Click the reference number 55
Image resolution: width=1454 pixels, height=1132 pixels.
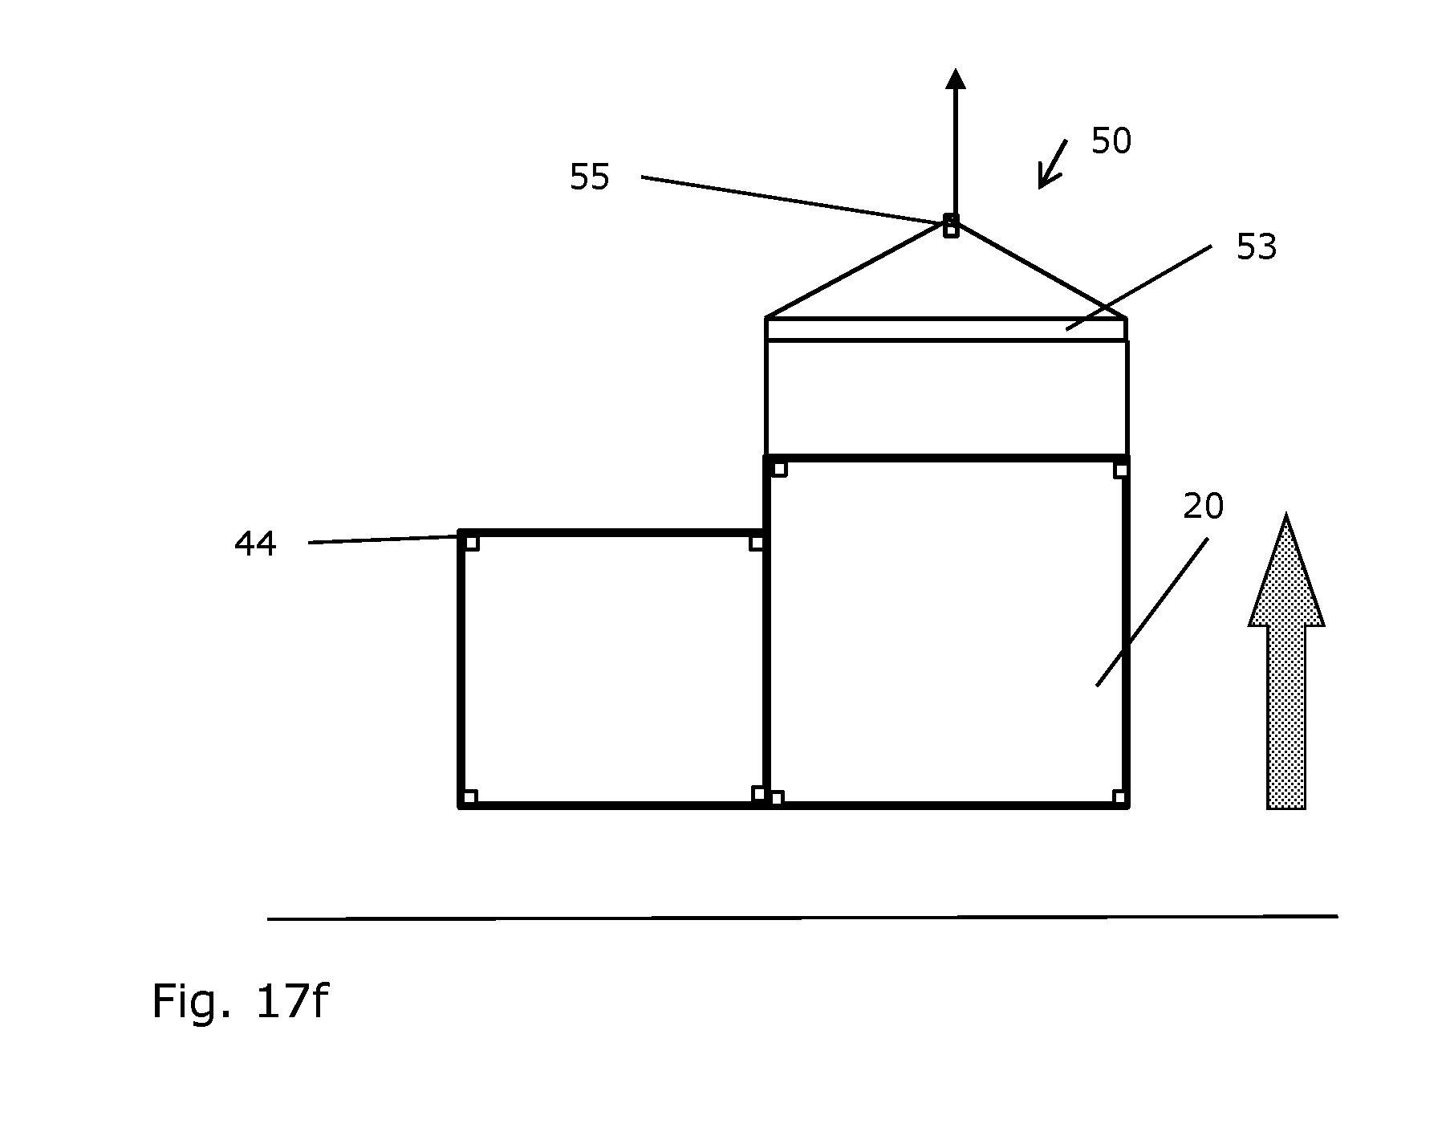click(590, 177)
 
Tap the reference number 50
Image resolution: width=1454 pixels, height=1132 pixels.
click(1111, 141)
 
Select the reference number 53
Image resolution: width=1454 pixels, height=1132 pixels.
click(1257, 247)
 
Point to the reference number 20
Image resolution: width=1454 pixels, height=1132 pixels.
click(1204, 507)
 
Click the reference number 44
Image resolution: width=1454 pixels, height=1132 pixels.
click(255, 544)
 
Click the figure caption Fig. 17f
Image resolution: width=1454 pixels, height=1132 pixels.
click(239, 1002)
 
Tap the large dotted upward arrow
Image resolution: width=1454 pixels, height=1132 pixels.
click(1286, 662)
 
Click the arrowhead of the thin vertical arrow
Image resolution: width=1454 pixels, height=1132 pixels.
click(955, 78)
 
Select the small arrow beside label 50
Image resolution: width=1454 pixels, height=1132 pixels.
click(1052, 165)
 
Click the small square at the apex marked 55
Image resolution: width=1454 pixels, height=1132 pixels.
click(951, 226)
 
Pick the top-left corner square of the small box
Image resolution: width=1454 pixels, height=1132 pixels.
click(472, 543)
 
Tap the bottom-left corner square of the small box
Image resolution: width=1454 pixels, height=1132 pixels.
click(470, 796)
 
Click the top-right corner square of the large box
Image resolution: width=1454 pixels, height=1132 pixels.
click(1121, 470)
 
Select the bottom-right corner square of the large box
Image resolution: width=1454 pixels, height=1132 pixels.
click(1119, 797)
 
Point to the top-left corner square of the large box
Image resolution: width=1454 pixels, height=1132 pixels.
click(778, 469)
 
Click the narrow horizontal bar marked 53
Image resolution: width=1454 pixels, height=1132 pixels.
click(946, 329)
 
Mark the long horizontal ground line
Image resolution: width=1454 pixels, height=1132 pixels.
click(802, 918)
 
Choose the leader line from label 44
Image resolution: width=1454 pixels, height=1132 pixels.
click(384, 540)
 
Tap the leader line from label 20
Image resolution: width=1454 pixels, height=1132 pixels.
click(1152, 612)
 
